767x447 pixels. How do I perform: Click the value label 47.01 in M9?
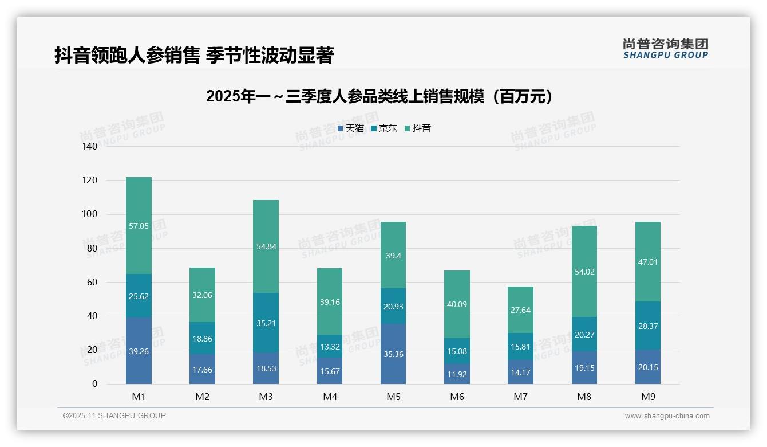point(648,262)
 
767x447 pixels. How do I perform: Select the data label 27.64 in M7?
point(520,310)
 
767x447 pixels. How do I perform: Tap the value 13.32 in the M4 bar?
point(330,347)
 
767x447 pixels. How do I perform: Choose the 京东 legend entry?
point(384,128)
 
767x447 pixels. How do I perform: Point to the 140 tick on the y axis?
point(90,146)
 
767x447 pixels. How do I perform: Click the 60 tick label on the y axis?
point(92,282)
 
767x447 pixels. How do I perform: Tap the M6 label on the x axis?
point(457,397)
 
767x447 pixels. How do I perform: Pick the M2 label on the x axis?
point(203,397)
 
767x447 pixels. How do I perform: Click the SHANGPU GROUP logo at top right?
point(665,49)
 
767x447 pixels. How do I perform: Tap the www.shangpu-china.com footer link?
point(667,416)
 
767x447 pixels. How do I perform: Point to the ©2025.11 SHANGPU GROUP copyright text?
point(114,415)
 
